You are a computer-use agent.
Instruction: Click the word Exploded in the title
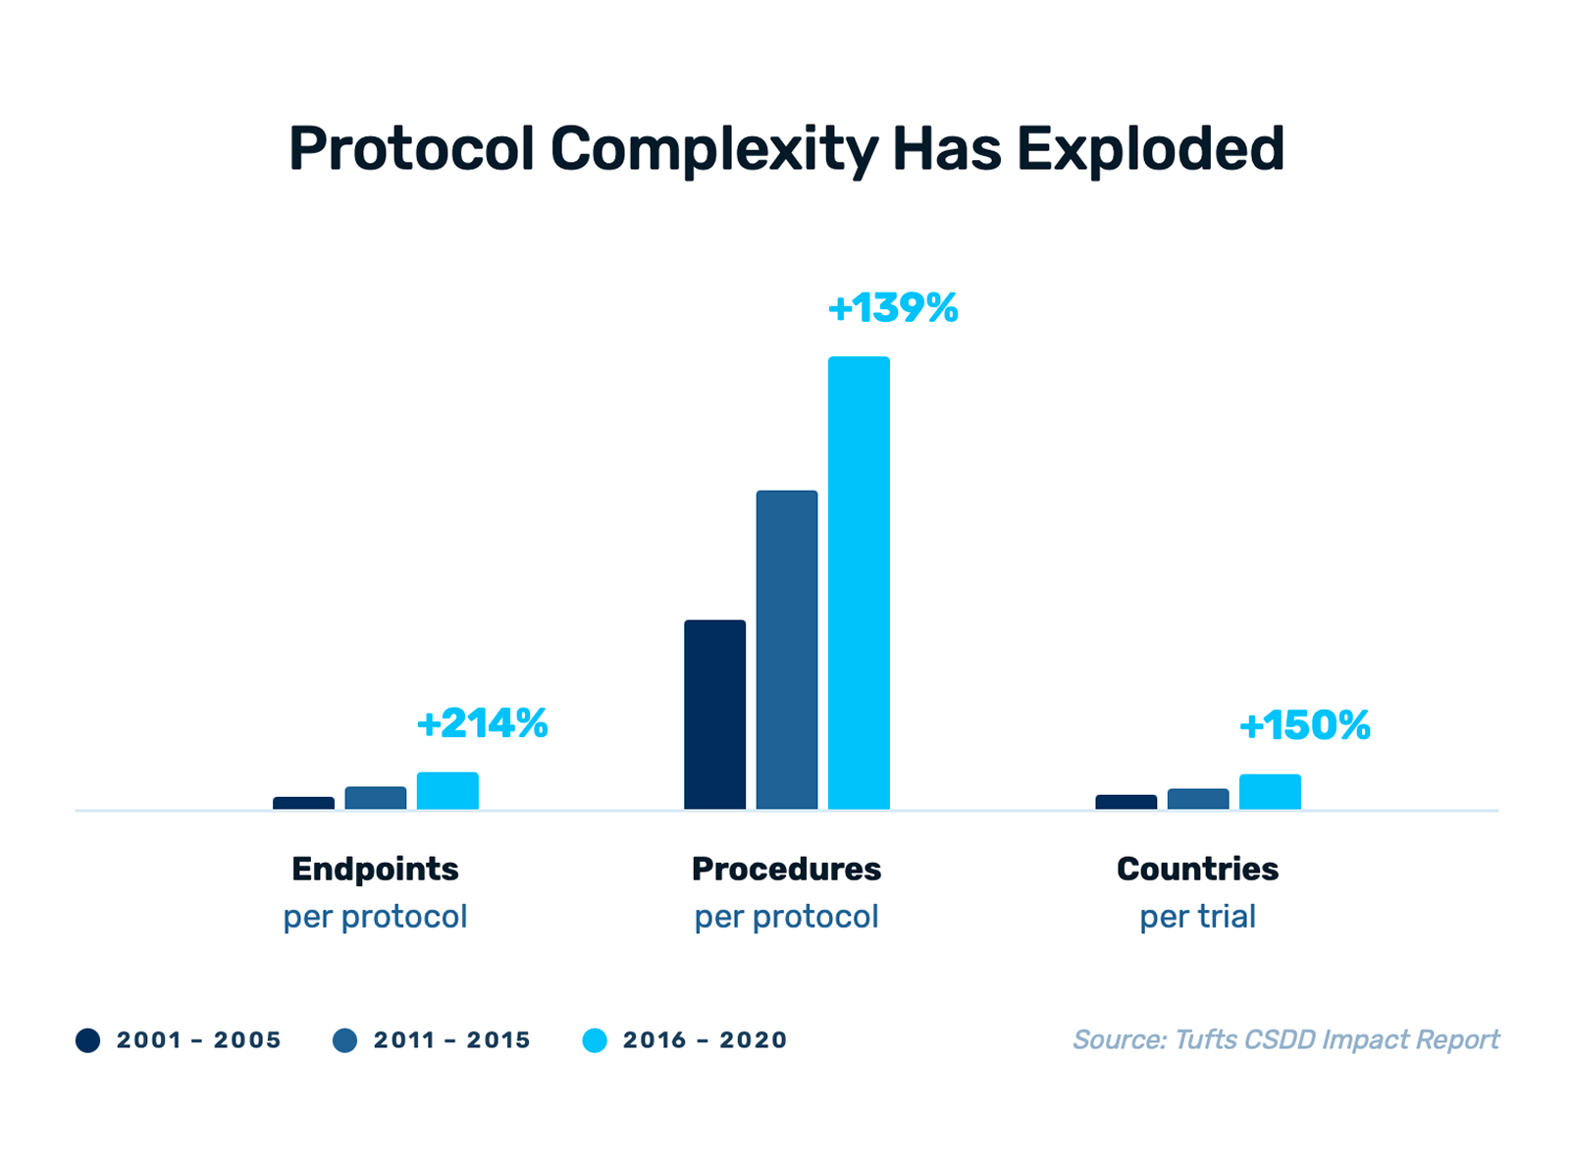tap(1150, 149)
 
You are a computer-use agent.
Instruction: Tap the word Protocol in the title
tap(411, 149)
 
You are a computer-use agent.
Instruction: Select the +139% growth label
tap(893, 308)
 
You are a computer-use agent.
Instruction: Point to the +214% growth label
tap(482, 724)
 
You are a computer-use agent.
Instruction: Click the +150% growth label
tap(1304, 726)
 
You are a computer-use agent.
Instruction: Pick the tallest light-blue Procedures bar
tap(859, 583)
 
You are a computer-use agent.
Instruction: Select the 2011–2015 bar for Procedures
tap(787, 650)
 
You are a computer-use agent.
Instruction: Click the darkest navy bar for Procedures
tap(714, 715)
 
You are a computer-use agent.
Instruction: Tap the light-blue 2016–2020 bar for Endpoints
tap(447, 791)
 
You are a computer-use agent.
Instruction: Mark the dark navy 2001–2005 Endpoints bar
tap(303, 803)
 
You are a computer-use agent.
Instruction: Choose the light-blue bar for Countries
tap(1270, 792)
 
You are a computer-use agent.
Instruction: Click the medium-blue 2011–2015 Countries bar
tap(1198, 799)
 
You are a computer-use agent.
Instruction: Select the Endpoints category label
tap(375, 869)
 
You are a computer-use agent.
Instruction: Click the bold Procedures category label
tap(786, 869)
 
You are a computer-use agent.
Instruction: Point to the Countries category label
tap(1197, 869)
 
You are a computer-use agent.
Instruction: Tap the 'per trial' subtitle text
tap(1197, 917)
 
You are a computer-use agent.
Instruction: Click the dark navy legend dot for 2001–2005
tap(88, 1040)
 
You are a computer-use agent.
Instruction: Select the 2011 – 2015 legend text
tap(451, 1040)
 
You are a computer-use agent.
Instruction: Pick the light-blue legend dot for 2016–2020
tap(595, 1040)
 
